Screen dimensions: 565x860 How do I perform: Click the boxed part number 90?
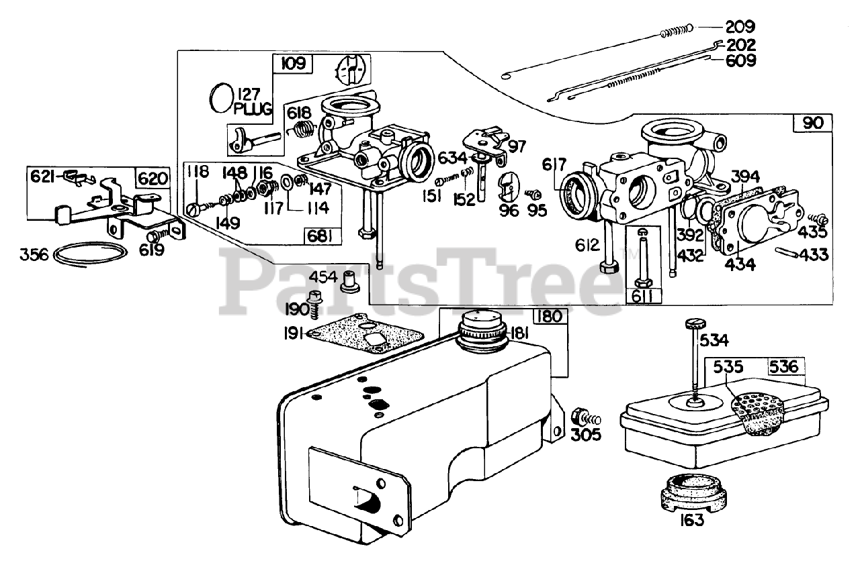[x=812, y=123]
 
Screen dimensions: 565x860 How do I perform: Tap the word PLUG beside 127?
[x=251, y=109]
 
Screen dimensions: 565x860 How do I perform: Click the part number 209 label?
[x=740, y=28]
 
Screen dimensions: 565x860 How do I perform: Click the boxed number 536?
[x=783, y=367]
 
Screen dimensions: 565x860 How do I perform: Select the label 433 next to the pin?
[x=814, y=255]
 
